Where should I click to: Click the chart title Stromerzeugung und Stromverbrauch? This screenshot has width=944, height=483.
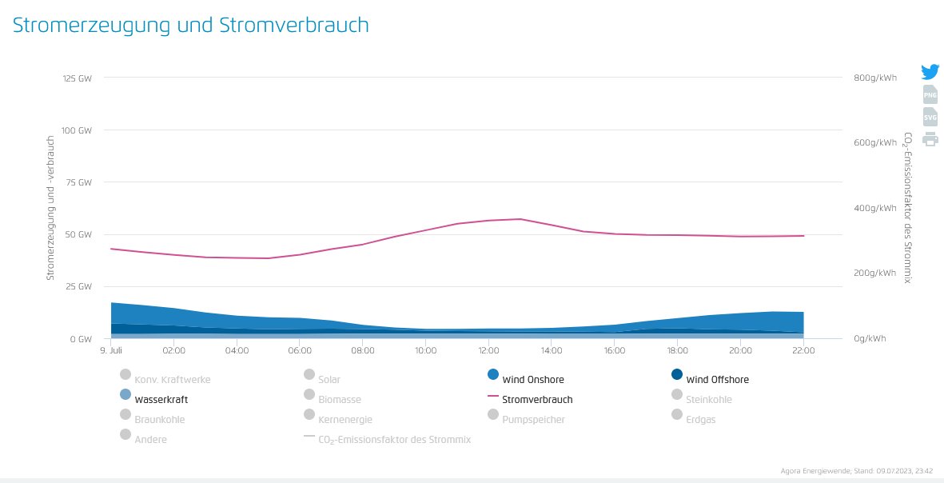tap(191, 26)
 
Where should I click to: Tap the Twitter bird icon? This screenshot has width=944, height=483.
tap(930, 72)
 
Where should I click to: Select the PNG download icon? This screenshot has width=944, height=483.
tap(930, 94)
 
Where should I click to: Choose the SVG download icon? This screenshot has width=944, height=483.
tap(930, 117)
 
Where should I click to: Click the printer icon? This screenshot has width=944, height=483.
tap(930, 139)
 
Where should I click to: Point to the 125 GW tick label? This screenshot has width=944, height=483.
tap(77, 78)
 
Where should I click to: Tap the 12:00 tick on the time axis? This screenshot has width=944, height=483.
tap(489, 350)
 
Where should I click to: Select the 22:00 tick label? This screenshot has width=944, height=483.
tap(804, 350)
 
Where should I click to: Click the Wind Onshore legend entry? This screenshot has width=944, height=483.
tap(526, 377)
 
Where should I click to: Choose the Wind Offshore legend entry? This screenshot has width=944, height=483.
tap(710, 377)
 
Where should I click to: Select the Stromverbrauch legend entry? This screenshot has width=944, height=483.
tap(530, 399)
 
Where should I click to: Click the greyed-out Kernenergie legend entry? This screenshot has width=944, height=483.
tap(338, 417)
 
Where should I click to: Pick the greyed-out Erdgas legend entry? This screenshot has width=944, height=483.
tap(694, 417)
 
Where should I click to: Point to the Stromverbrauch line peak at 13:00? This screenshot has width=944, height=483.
tap(520, 218)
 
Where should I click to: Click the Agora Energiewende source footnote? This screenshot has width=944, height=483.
tap(856, 471)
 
